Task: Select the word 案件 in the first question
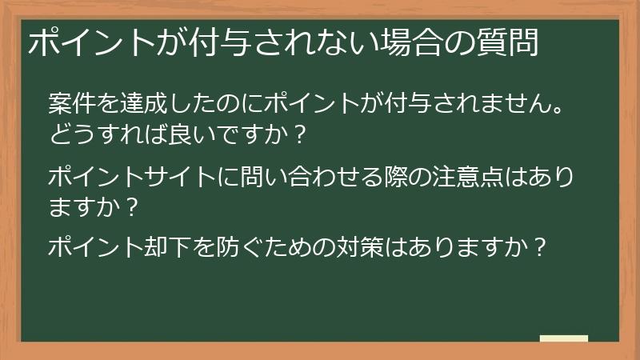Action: [70, 104]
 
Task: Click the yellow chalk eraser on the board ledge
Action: [563, 338]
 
